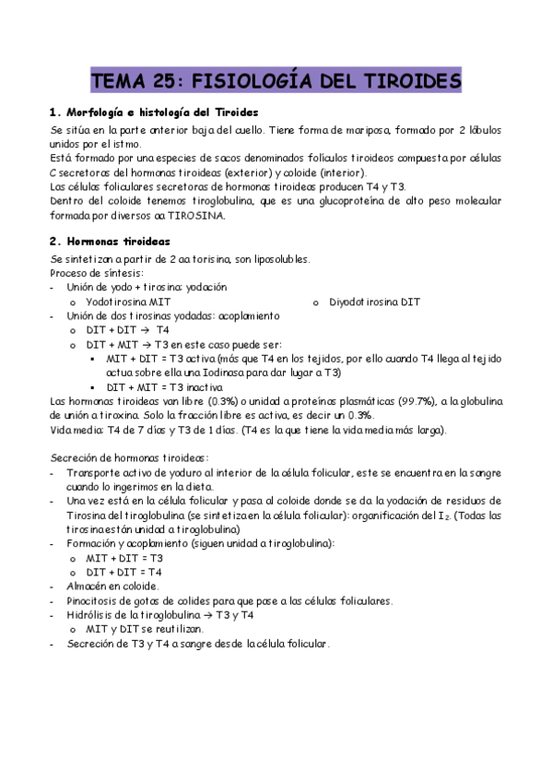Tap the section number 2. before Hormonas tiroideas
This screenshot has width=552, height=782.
point(54,242)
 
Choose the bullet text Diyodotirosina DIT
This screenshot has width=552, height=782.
point(374,302)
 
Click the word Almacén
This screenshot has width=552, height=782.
point(88,586)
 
